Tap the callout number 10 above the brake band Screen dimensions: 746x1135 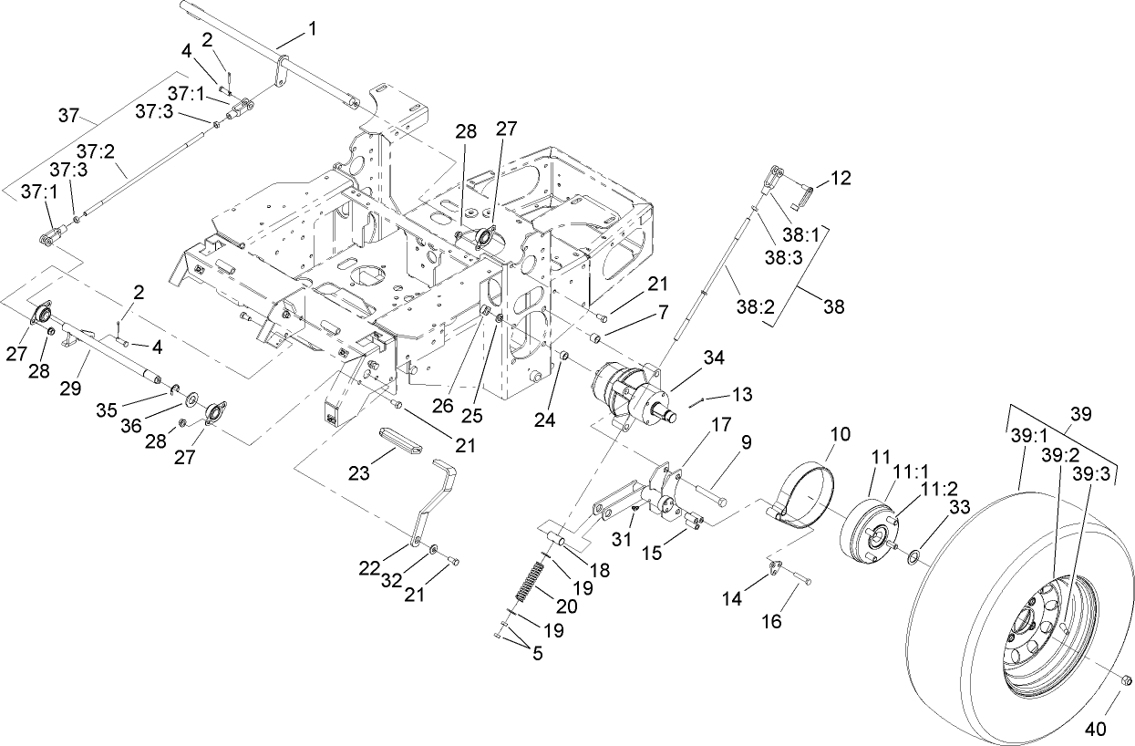840,430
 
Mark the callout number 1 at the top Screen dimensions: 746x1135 313,28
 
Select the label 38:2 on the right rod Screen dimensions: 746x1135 756,308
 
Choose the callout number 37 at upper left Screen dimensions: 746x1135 68,116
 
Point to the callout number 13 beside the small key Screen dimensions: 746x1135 743,394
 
